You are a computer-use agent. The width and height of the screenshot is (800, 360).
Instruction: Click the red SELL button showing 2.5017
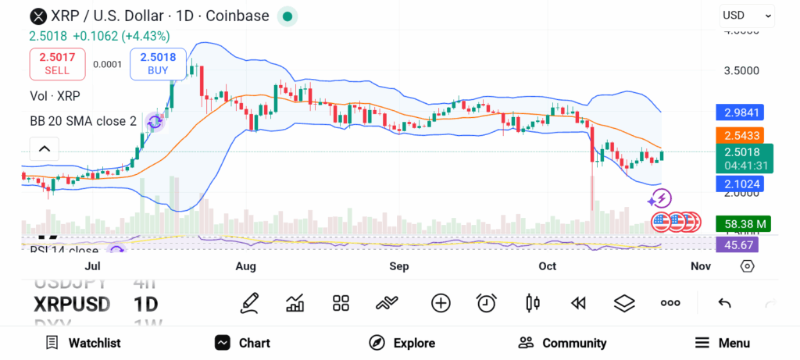coord(57,63)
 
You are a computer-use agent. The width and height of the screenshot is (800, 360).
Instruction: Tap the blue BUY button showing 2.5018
coord(159,63)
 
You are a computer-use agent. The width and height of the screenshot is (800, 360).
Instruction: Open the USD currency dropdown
coord(747,15)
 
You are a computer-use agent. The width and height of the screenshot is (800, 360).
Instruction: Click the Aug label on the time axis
coord(245,266)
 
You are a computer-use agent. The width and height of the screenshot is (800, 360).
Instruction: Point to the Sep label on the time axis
coord(399,266)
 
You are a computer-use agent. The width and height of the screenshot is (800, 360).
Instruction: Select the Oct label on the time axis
coord(547,266)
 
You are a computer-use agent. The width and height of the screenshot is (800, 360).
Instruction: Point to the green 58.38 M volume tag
coord(743,224)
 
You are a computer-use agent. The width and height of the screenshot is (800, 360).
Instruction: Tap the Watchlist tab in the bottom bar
coord(83,343)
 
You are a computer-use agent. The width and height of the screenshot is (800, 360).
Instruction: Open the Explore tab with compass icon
coord(402,343)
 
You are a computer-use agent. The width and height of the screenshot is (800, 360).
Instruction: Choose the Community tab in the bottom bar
coord(562,343)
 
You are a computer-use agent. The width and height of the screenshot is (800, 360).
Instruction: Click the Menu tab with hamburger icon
coord(722,343)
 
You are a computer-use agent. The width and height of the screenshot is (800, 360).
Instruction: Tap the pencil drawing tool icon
coord(249,303)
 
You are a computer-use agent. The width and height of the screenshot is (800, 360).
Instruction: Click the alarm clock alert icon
coord(487,303)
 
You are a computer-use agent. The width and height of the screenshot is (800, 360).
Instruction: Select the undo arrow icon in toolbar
coord(724,303)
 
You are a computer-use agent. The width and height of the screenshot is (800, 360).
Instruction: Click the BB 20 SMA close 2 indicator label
coord(83,121)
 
